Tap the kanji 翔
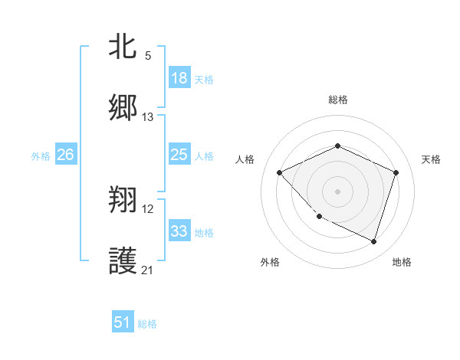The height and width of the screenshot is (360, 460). [123, 201]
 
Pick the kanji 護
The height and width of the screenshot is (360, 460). [123, 261]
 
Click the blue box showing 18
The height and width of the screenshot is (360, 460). [179, 78]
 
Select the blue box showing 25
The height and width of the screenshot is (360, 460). [179, 155]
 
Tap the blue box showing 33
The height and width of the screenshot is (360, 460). [179, 231]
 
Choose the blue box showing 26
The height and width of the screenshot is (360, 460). [65, 155]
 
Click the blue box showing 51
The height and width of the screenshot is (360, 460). [123, 322]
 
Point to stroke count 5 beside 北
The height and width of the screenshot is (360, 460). [148, 56]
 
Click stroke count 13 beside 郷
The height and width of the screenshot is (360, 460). [148, 116]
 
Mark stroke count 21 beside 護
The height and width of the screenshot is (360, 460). [148, 270]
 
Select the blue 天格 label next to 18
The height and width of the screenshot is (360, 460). [203, 79]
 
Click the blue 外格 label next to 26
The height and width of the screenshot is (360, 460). [41, 156]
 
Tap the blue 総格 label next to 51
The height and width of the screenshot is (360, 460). [147, 323]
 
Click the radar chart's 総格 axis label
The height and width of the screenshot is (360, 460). [337, 100]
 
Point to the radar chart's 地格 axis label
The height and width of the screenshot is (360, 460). [402, 262]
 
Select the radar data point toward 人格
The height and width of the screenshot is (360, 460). [280, 172]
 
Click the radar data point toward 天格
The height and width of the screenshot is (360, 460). [396, 172]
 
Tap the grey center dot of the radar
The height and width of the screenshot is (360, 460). [337, 191]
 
